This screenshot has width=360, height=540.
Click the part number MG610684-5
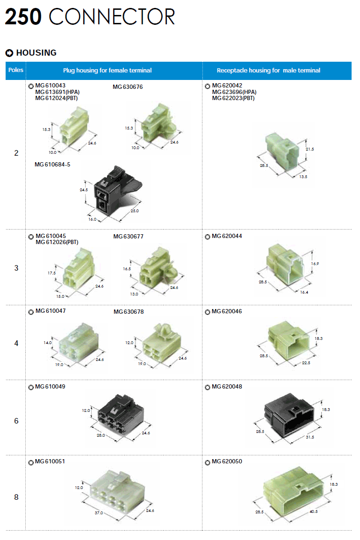pyautogui.click(x=52, y=165)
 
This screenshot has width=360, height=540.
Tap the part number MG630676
pyautogui.click(x=128, y=87)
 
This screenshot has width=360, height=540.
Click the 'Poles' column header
pyautogui.click(x=16, y=70)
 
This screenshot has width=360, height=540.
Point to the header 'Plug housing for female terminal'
pyautogui.click(x=108, y=71)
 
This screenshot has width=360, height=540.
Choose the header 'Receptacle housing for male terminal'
pyautogui.click(x=268, y=71)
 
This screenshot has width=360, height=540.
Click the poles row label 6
pyautogui.click(x=16, y=421)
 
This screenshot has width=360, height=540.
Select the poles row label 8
pyautogui.click(x=16, y=497)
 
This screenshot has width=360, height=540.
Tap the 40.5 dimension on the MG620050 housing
pyautogui.click(x=313, y=512)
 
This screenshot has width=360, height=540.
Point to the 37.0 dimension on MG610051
pyautogui.click(x=99, y=513)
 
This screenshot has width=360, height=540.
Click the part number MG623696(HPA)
pyautogui.click(x=234, y=92)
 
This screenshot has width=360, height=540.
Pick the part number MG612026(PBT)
pyautogui.click(x=57, y=242)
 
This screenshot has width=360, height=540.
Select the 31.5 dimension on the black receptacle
pyautogui.click(x=309, y=437)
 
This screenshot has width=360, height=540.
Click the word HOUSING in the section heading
pyautogui.click(x=36, y=53)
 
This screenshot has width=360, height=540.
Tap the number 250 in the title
pyautogui.click(x=23, y=17)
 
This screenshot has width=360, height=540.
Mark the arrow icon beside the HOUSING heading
pyautogui.click(x=9, y=53)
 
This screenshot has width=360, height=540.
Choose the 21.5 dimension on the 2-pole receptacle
pyautogui.click(x=310, y=149)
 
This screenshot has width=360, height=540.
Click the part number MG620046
pyautogui.click(x=227, y=311)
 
